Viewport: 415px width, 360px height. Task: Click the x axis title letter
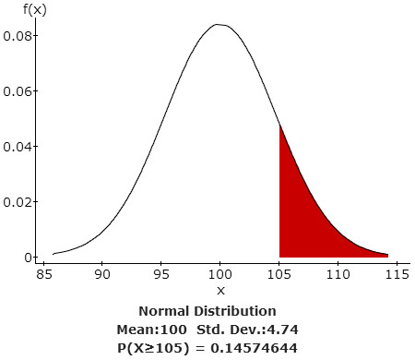click(220, 291)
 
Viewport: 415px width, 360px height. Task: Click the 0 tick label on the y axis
click(30, 258)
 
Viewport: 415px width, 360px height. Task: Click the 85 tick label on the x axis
click(43, 274)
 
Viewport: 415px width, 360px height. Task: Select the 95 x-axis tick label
click(161, 274)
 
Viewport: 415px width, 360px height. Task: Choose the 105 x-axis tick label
click(279, 274)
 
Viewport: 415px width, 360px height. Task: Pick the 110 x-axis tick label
click(338, 274)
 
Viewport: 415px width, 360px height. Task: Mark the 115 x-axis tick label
click(397, 274)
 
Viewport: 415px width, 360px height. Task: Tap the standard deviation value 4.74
click(290, 329)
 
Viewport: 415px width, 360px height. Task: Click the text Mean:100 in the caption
click(151, 329)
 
